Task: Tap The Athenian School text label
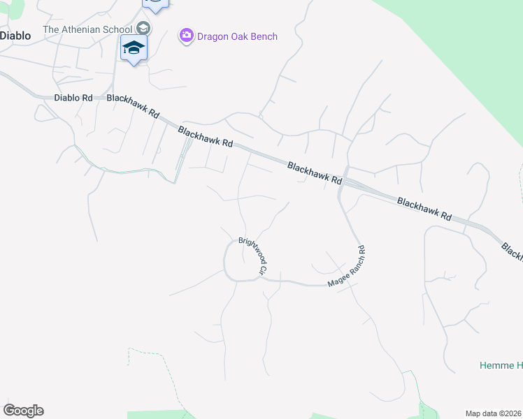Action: (88, 29)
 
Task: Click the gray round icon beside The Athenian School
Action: (143, 29)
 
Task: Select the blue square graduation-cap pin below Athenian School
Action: (134, 48)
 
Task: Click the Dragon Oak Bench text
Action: (238, 36)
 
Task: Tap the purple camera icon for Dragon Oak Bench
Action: (186, 36)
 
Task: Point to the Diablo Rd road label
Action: (73, 98)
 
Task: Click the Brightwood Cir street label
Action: (253, 255)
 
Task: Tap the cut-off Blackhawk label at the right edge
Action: (513, 253)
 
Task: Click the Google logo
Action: (23, 411)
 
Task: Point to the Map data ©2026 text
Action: (493, 413)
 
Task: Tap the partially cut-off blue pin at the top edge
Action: (155, 4)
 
